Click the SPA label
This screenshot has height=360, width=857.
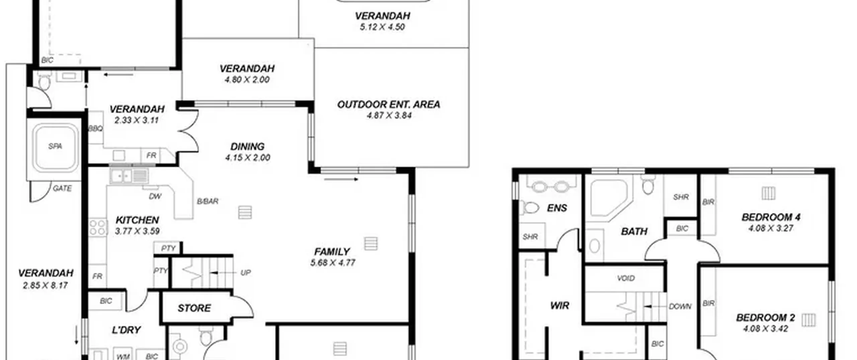pos(55,146)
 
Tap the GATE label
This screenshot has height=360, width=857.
pos(62,189)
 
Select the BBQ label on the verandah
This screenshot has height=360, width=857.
pos(95,129)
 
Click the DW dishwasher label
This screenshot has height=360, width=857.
pos(155,197)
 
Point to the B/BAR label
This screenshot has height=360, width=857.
pos(208,201)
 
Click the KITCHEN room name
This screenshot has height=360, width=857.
pos(137,220)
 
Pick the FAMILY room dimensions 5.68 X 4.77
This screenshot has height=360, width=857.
pos(333,263)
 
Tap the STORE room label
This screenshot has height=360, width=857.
pos(194,308)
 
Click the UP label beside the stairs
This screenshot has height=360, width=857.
pos(245,273)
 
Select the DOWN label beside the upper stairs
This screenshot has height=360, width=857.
pos(680,306)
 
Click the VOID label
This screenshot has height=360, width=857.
pos(626,278)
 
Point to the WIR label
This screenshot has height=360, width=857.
pos(560,305)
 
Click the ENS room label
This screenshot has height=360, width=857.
pos(557,208)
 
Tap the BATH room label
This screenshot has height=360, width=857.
pos(634,231)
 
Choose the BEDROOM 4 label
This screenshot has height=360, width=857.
pos(771,217)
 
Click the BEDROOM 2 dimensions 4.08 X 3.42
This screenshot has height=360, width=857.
pos(766,329)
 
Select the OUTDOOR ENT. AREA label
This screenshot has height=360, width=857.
pos(389,104)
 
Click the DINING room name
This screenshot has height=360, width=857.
pos(247,146)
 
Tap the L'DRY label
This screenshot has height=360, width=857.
pos(126,330)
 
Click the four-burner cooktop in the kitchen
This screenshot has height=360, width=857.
pos(98,227)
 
